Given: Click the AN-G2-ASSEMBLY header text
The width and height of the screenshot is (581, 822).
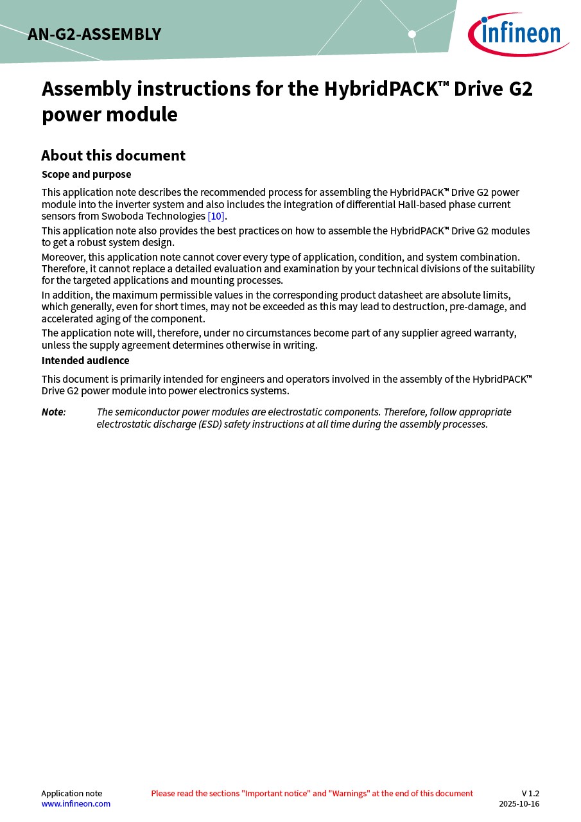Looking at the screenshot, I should tap(94, 35).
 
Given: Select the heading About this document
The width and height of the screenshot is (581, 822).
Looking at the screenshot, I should tap(113, 155).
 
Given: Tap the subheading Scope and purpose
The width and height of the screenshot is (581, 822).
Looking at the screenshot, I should tap(86, 175).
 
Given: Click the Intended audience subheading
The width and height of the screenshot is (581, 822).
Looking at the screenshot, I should tap(85, 361).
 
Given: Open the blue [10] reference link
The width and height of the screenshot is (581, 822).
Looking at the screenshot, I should tap(216, 216).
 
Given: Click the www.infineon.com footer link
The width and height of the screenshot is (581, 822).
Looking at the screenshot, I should tap(76, 803).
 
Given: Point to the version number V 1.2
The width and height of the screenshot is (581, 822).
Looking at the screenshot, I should tap(530, 793).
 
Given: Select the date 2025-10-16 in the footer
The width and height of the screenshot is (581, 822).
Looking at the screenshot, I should tap(519, 803).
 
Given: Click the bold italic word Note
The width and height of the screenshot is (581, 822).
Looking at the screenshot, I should tap(53, 412).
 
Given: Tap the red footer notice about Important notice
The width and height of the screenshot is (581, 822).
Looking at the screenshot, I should tap(312, 793).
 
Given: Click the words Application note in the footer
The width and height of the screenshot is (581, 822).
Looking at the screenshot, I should tap(71, 793).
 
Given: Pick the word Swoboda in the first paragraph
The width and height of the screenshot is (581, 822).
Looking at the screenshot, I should tap(120, 216).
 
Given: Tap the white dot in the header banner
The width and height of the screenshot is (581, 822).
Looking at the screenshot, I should tap(412, 34).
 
